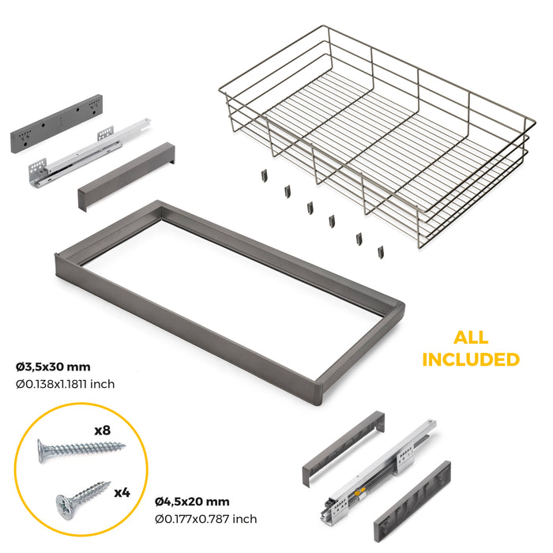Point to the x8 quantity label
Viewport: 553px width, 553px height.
101,431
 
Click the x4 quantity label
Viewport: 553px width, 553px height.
122,492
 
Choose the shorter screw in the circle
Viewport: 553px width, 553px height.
78,497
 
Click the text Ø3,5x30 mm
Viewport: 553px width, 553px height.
53,367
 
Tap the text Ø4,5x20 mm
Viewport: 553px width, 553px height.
192,501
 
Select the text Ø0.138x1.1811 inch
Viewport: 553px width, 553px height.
66,384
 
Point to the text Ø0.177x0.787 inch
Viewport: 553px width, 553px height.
205,519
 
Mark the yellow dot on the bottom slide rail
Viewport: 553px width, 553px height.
362,491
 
